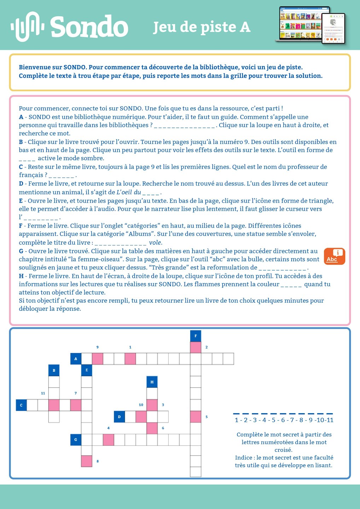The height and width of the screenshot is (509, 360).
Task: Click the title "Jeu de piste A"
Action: point(202,27)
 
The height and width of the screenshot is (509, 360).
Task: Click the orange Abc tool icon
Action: point(334,256)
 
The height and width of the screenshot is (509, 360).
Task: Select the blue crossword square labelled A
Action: point(76,359)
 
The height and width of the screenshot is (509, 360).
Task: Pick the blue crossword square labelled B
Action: point(54,370)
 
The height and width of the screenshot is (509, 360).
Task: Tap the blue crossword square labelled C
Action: point(21,405)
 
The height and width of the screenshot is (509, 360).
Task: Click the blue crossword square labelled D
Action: point(119,417)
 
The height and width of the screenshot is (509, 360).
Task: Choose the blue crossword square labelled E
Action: point(87,370)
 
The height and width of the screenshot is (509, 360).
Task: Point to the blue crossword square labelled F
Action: point(196,336)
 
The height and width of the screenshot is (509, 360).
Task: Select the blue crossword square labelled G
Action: point(76,440)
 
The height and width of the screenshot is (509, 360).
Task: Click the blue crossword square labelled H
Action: point(152,382)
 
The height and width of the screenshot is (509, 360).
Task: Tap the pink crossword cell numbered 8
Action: point(87,461)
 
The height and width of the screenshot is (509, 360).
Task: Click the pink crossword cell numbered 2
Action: point(196,347)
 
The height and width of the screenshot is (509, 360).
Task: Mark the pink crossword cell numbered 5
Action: point(196,417)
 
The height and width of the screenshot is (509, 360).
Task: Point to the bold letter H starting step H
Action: point(21,276)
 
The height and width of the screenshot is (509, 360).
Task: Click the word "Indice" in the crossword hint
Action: point(243,458)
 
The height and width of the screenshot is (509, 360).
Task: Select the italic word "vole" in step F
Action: point(155,243)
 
